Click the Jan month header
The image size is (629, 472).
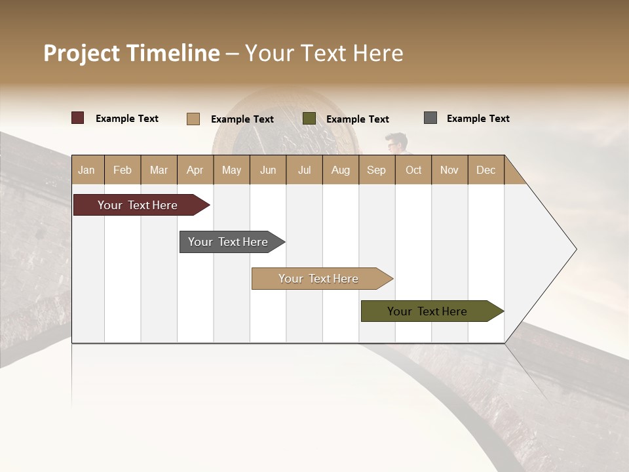(87, 170)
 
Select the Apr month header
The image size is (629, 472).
(195, 170)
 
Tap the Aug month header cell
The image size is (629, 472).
(340, 170)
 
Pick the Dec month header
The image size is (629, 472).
(486, 170)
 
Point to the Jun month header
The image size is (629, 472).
(268, 170)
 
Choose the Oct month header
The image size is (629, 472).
(413, 170)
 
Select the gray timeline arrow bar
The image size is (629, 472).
(229, 242)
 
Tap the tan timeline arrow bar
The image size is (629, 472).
(320, 279)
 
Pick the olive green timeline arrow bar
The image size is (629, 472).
(429, 311)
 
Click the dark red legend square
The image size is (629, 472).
(78, 118)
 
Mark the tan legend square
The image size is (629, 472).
(193, 119)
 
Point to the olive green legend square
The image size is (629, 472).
(309, 119)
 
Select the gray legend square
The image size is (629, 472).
(430, 118)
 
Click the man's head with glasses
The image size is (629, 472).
(395, 142)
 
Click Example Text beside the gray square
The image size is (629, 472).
(478, 118)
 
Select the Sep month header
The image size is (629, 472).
(376, 170)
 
